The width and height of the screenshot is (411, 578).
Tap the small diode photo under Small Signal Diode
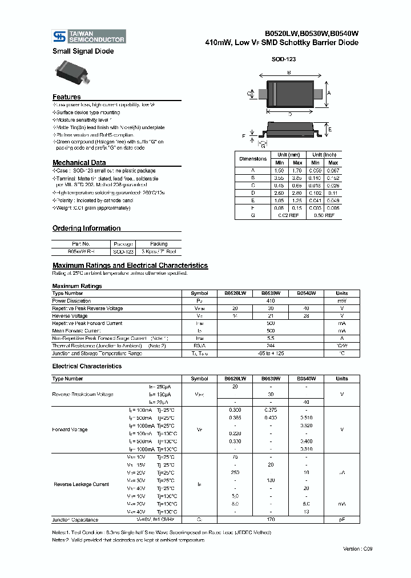(72, 73)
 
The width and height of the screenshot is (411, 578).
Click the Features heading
(67, 97)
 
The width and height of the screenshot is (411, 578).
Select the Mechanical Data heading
(79, 163)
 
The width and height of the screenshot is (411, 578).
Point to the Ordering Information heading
(86, 228)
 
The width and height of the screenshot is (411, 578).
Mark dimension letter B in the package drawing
(289, 73)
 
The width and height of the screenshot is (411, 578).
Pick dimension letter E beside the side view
(329, 130)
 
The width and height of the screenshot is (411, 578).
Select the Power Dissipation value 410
(271, 301)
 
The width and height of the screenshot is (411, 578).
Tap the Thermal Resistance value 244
(271, 346)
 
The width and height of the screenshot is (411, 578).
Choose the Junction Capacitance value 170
(271, 520)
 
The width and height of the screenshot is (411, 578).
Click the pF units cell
(341, 520)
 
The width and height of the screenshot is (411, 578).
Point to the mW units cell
(341, 301)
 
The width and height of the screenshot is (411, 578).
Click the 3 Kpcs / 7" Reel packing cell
(159, 251)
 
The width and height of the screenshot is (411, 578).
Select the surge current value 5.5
(271, 339)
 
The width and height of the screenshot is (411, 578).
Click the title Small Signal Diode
(83, 51)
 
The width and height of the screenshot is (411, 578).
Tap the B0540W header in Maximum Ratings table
(306, 293)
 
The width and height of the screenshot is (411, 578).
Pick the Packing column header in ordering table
(159, 243)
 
